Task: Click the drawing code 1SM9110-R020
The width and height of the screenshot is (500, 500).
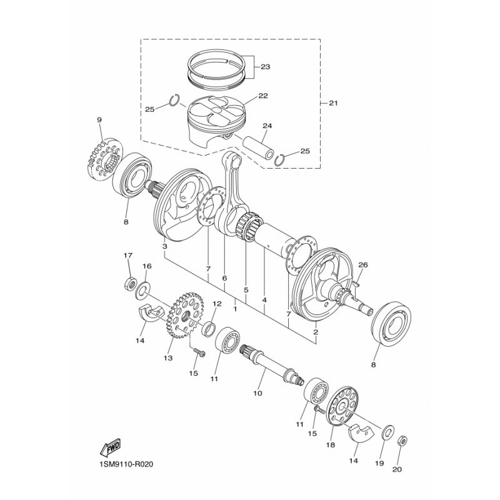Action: click(x=124, y=464)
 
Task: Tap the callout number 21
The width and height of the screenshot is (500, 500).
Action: click(x=333, y=103)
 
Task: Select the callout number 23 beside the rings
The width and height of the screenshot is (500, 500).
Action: click(x=265, y=67)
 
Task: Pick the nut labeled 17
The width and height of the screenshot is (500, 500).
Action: click(x=131, y=284)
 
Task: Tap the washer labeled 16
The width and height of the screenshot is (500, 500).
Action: click(x=142, y=290)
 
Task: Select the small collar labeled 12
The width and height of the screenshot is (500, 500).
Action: click(x=209, y=329)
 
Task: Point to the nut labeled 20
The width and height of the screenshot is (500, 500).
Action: click(x=403, y=442)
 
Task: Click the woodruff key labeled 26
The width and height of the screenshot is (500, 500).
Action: click(x=357, y=284)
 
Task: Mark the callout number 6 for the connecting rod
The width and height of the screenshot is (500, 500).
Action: click(x=224, y=278)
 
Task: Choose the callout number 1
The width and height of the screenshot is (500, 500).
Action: click(x=235, y=309)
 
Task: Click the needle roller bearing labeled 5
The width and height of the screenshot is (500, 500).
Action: click(x=250, y=226)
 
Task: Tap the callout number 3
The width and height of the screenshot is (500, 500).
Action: click(x=164, y=246)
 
